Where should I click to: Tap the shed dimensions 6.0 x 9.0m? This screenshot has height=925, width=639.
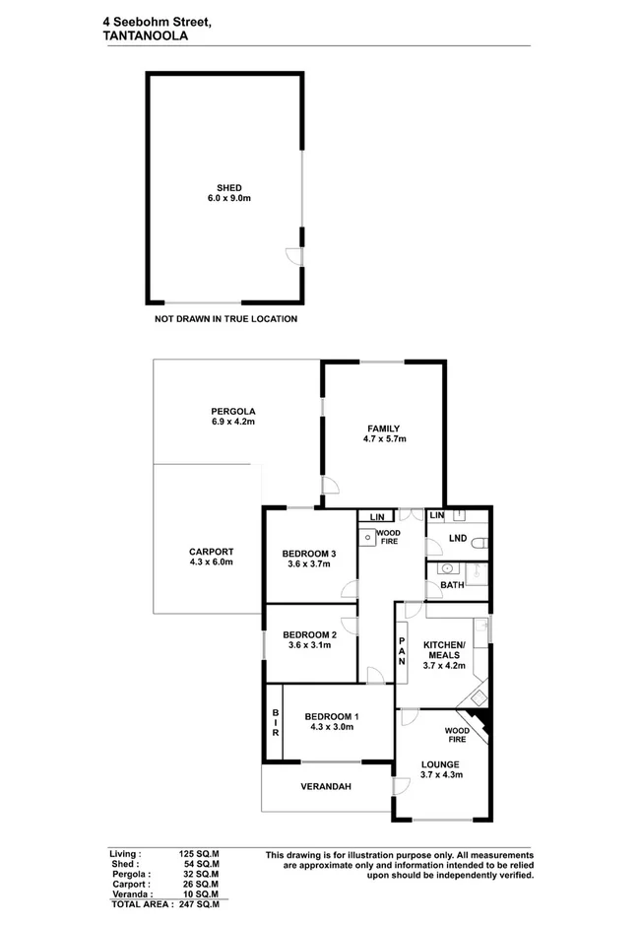228,199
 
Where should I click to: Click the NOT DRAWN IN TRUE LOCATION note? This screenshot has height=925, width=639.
225,319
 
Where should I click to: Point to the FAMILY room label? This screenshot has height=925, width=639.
383,428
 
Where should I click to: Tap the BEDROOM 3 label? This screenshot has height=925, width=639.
309,554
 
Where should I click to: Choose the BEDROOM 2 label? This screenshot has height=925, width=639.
309,634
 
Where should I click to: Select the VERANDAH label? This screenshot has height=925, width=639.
327,786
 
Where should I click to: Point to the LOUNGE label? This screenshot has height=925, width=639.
440,763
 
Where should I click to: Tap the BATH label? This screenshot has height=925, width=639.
451,585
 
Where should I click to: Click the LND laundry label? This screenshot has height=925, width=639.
457,538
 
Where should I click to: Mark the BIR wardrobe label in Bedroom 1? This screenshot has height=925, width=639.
276,725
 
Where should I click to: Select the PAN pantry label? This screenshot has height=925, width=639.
402,651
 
